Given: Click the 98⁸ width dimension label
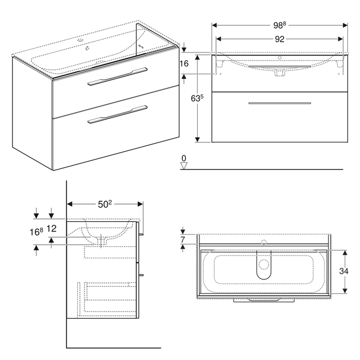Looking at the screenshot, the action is (x=279, y=25).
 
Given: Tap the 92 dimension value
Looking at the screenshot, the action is (x=279, y=39).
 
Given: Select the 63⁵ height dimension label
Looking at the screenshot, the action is (x=197, y=98).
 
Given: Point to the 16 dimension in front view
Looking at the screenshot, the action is (x=184, y=63).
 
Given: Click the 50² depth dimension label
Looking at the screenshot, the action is (x=105, y=204).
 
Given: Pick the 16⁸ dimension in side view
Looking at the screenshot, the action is (x=36, y=232).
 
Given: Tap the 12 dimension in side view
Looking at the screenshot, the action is (x=51, y=229).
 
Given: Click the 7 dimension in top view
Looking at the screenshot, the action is (x=182, y=239).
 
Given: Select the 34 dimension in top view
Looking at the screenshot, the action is (x=343, y=271).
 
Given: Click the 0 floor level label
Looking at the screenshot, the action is (x=183, y=158).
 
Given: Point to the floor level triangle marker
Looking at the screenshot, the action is (x=184, y=166).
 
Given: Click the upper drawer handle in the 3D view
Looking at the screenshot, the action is (x=117, y=77).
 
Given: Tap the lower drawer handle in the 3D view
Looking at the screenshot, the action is (x=117, y=114).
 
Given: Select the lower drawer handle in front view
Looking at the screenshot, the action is (x=279, y=103).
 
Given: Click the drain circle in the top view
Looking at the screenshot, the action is (x=264, y=265).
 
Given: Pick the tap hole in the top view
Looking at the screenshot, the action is (x=264, y=242).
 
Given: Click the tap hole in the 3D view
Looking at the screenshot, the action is (x=81, y=41).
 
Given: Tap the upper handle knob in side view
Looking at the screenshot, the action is (x=141, y=234).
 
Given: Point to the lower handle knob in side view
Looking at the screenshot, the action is (x=141, y=275).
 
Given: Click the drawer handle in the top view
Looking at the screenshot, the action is (x=264, y=300).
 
